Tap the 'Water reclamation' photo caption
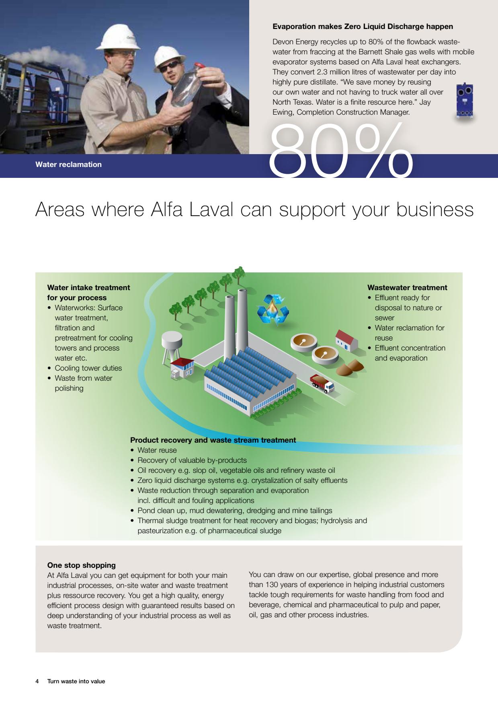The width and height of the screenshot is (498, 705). click(68, 165)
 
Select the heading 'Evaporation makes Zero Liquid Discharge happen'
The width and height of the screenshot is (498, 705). click(363, 27)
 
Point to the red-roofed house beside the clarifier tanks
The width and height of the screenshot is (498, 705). click(346, 340)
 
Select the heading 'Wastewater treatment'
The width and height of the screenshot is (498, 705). click(407, 288)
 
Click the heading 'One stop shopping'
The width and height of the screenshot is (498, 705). click(82, 565)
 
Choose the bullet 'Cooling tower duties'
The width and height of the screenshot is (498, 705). click(85, 368)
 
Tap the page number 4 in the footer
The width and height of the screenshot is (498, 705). click(37, 681)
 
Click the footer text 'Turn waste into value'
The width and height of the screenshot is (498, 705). click(76, 681)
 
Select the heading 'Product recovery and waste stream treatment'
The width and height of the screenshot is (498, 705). click(213, 440)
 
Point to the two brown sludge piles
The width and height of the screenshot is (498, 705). click(350, 366)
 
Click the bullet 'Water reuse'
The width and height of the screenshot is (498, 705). click(154, 450)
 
